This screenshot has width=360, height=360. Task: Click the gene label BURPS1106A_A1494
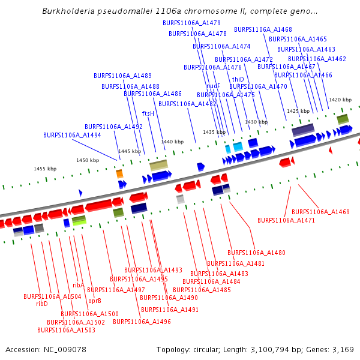[x=72, y=136]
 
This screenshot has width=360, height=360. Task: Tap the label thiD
[x=238, y=79]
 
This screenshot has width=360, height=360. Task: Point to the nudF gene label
[x=213, y=86]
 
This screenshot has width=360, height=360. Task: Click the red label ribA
[x=79, y=286]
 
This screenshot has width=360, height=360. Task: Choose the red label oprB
[x=95, y=301]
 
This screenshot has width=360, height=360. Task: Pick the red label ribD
[x=41, y=304]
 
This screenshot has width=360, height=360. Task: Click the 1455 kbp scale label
[x=44, y=169]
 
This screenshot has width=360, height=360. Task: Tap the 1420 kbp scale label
[x=340, y=100]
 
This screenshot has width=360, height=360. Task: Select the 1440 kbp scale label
[x=172, y=142]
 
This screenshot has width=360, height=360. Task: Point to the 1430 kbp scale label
[x=256, y=122]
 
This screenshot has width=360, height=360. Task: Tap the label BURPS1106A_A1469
[x=320, y=212]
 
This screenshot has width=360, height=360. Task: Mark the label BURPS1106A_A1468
[x=263, y=29]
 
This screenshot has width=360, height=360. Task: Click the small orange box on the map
[x=119, y=173]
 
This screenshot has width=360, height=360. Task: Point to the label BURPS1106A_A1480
[x=256, y=253]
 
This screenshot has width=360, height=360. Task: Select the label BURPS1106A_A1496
[x=142, y=322]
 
